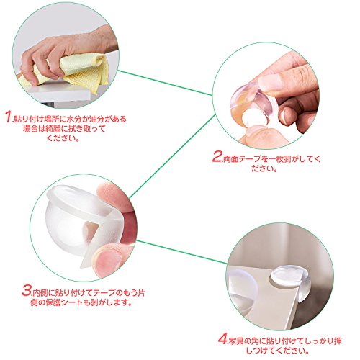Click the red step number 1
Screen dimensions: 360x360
8,117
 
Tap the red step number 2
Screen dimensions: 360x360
217,156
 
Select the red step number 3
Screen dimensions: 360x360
27,290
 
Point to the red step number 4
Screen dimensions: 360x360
222,338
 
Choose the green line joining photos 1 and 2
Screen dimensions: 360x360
166,83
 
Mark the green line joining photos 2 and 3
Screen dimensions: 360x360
172,156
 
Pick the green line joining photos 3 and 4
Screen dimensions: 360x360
181,251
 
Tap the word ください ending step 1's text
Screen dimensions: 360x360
63,138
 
